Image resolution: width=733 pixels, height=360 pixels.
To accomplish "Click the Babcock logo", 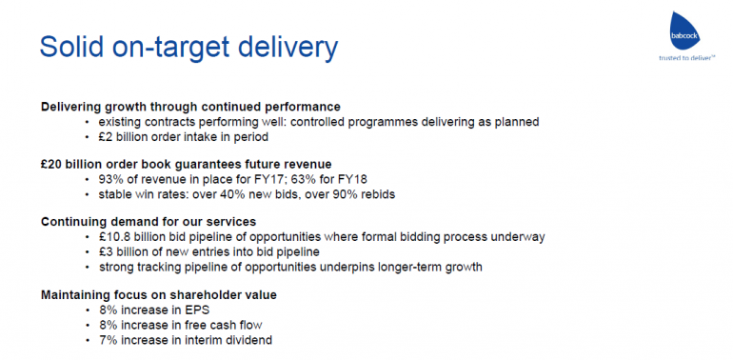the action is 686,30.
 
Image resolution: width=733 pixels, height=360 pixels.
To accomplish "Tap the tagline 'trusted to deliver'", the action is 686,58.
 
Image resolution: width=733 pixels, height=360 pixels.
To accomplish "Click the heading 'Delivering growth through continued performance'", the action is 190,107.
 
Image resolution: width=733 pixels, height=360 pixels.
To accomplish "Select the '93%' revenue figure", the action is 109,179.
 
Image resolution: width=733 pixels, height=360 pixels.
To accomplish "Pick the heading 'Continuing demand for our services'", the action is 149,221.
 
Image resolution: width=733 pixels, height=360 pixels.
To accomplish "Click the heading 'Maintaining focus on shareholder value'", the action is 158,295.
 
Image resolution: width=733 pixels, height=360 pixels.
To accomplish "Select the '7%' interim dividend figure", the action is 106,340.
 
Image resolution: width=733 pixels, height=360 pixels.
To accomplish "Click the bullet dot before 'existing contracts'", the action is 87,123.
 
